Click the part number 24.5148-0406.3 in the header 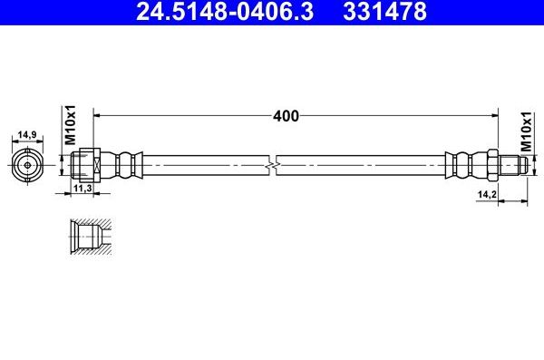(x=225, y=11)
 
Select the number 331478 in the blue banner (x=384, y=11)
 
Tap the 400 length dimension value (x=286, y=116)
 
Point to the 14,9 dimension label (x=27, y=134)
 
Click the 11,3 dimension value (x=83, y=188)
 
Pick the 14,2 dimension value (x=487, y=194)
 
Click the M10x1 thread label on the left (x=71, y=125)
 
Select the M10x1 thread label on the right (x=526, y=131)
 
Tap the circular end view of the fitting (x=27, y=166)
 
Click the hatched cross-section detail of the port (x=91, y=237)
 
